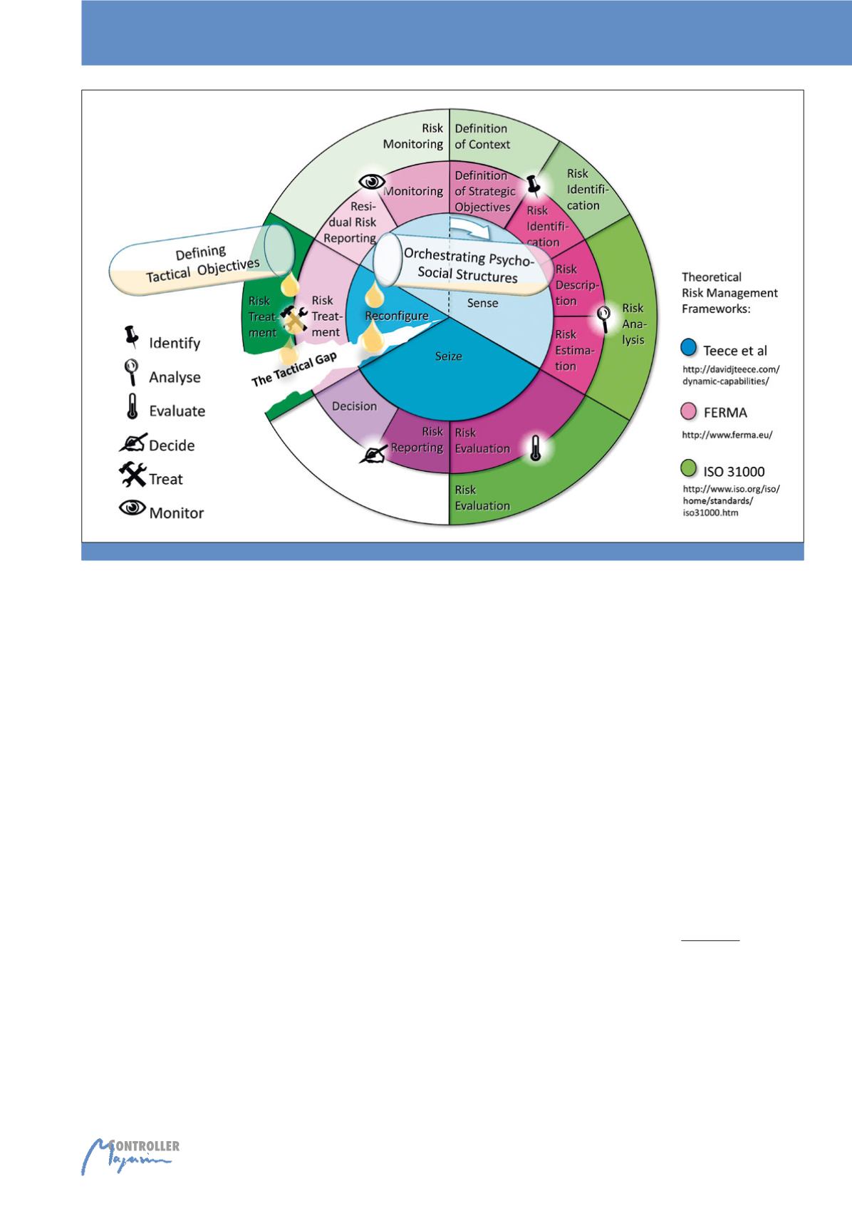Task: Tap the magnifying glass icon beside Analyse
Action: tap(132, 373)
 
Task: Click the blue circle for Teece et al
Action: tap(688, 349)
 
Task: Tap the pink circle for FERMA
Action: tap(688, 411)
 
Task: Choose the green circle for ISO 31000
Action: tap(688, 469)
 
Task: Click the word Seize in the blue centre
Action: tap(449, 356)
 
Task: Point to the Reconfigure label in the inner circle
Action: tap(397, 316)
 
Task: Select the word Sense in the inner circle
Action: tap(482, 304)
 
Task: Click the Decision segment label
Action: tap(354, 406)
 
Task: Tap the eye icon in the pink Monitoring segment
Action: tap(370, 182)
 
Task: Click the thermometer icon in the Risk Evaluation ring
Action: tap(536, 448)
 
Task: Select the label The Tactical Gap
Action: tap(293, 367)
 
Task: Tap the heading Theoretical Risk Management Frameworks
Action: tap(729, 292)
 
